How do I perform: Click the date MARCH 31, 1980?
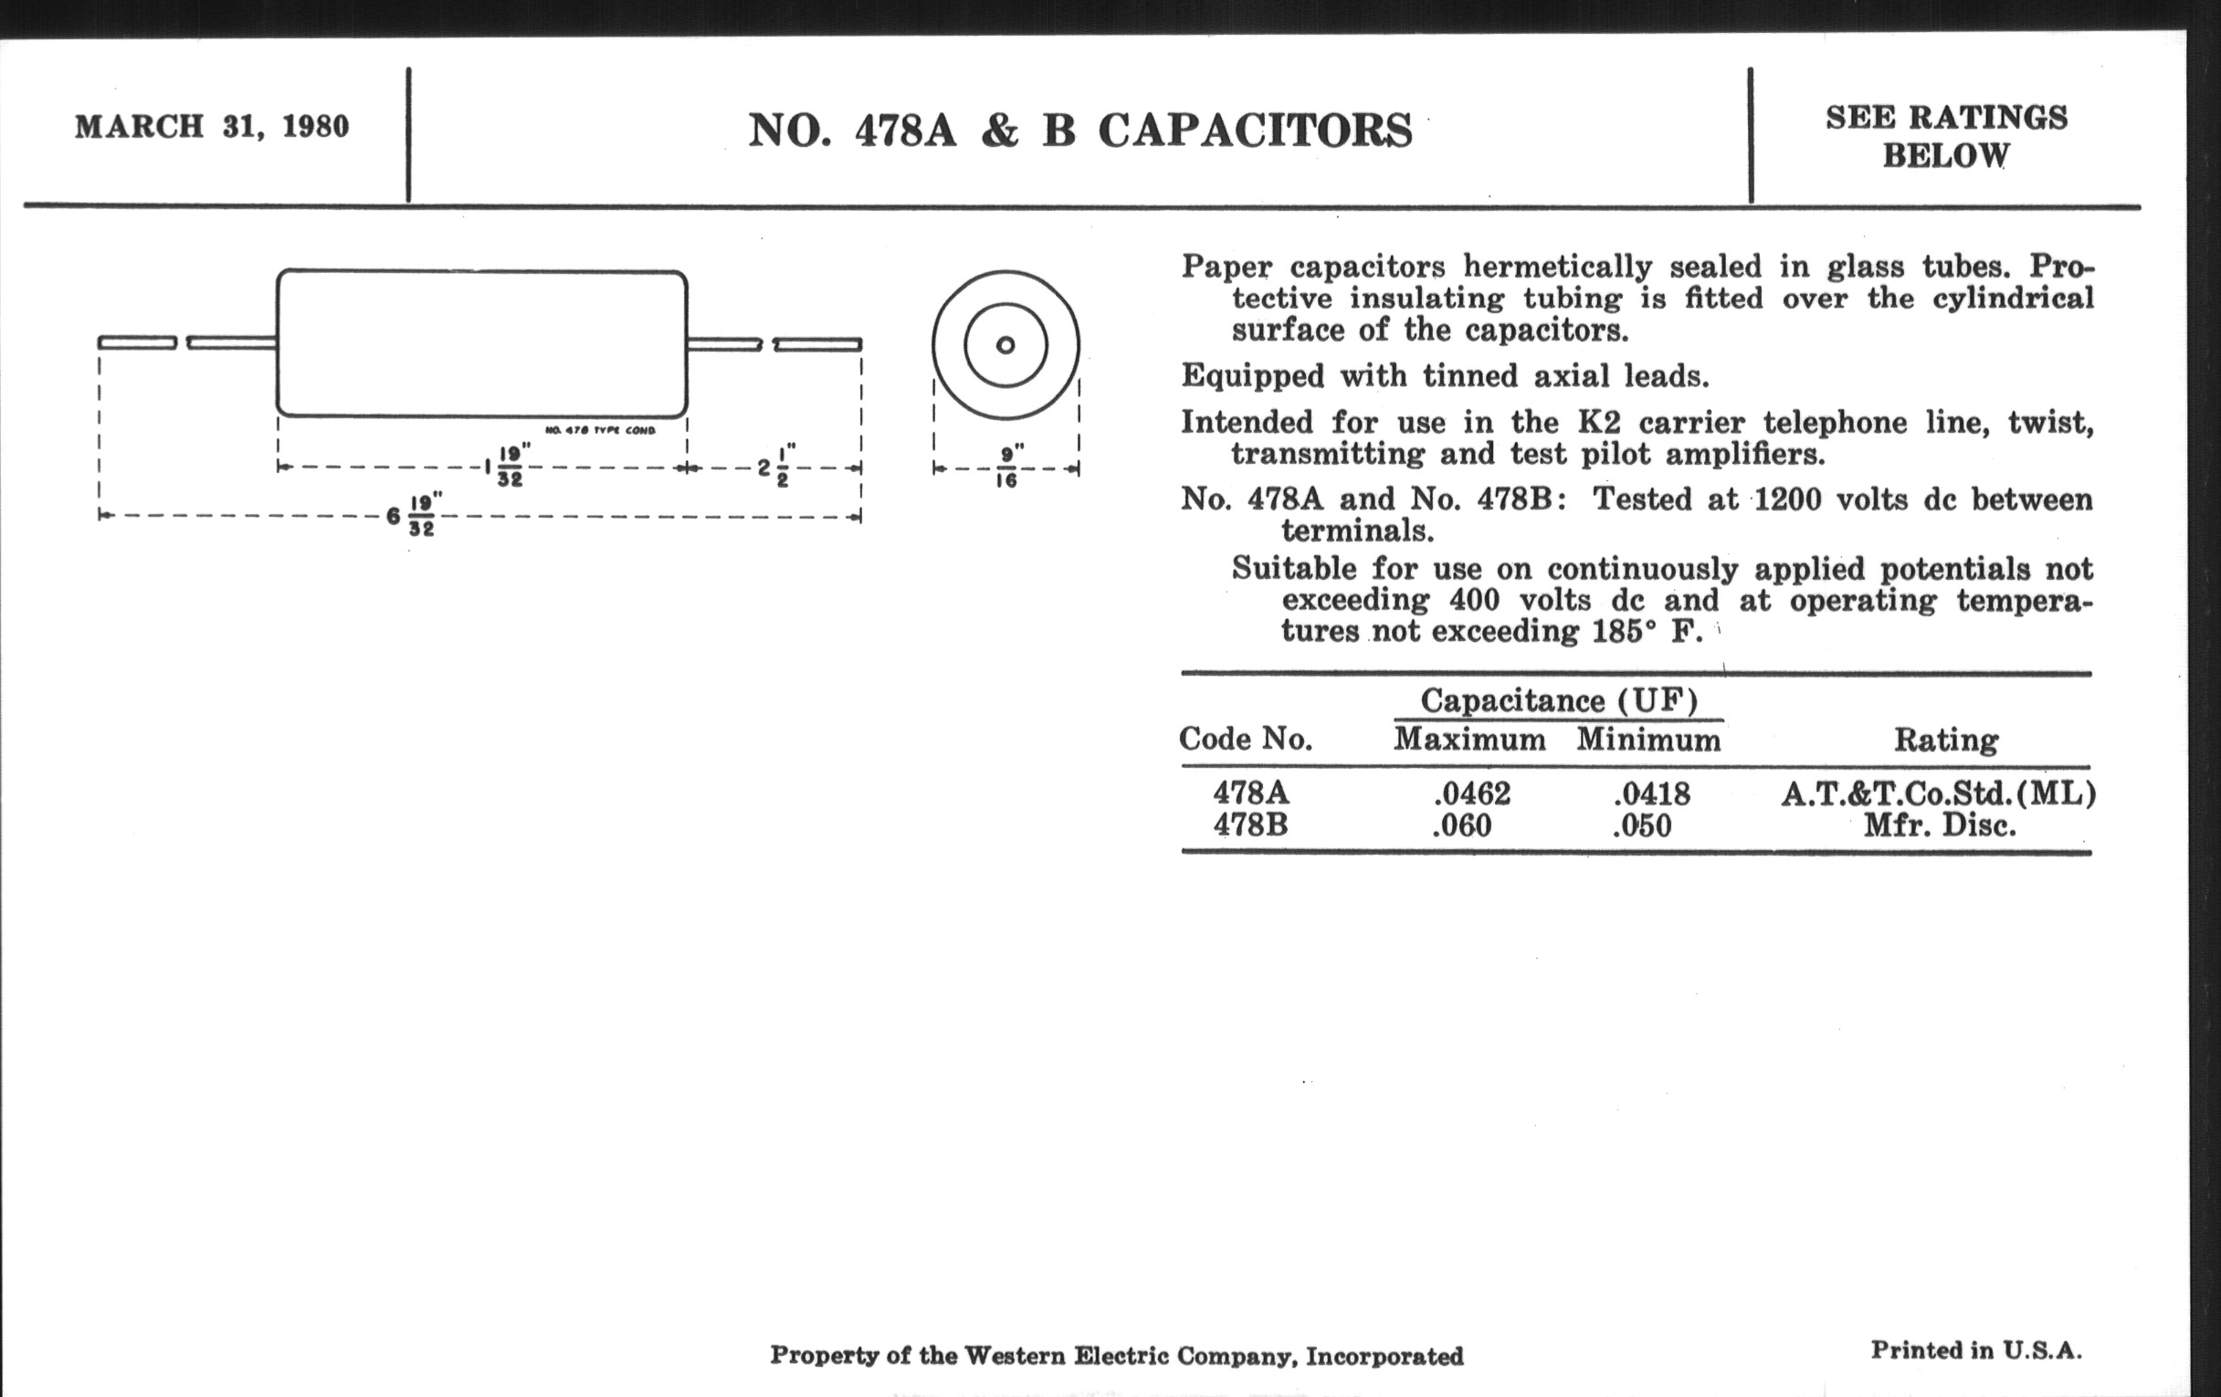tap(212, 126)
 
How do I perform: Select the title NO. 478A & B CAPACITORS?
tap(1080, 130)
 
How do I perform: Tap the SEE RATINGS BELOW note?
tap(1946, 136)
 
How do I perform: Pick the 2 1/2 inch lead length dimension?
tap(775, 467)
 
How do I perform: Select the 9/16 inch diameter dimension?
tap(1007, 467)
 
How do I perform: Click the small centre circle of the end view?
tap(1005, 345)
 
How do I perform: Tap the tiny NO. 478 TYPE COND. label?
tap(599, 431)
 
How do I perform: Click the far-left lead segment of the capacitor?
tap(137, 343)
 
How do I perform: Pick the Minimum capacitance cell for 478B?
tap(1642, 825)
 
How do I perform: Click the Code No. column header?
tap(1245, 739)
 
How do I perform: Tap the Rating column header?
tap(1946, 740)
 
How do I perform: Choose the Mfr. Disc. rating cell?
tap(1939, 825)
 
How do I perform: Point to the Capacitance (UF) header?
tap(1559, 700)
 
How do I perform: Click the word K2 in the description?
tap(1598, 423)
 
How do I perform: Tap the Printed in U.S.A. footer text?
tap(1975, 1351)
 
